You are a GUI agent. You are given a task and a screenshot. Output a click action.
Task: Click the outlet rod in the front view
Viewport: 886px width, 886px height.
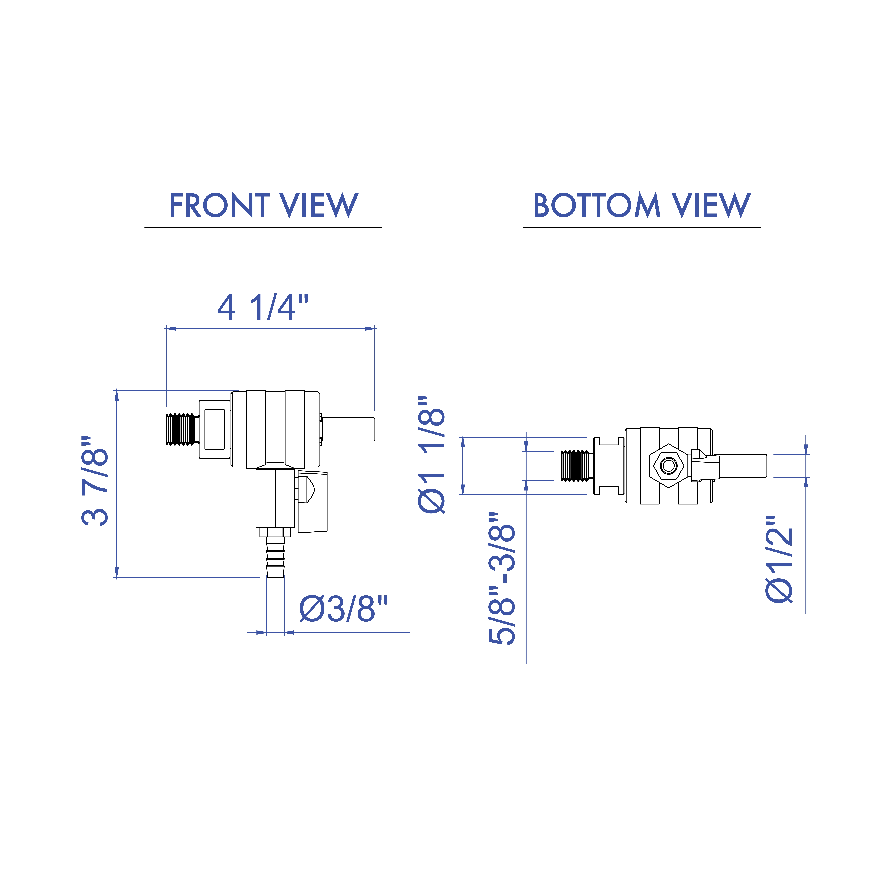(x=349, y=429)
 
